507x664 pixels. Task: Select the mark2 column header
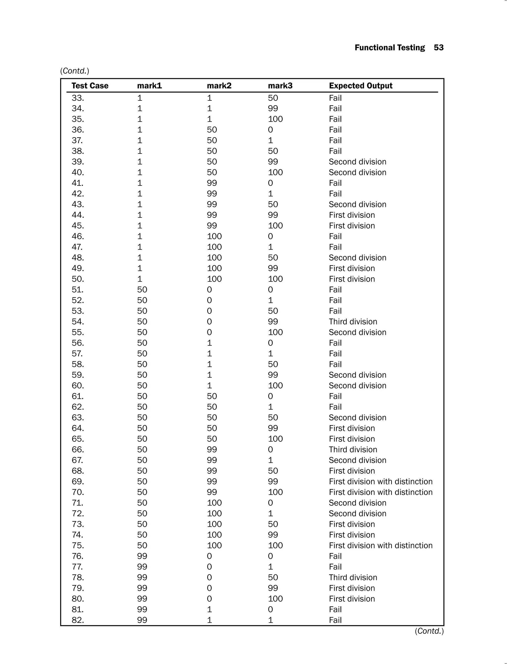click(x=219, y=86)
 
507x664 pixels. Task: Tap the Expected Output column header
click(x=361, y=86)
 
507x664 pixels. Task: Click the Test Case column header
click(x=90, y=86)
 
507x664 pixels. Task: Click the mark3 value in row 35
click(x=275, y=119)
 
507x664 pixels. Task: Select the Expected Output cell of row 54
click(x=353, y=322)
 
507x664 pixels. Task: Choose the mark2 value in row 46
click(x=214, y=236)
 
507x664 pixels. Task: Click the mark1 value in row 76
click(x=142, y=556)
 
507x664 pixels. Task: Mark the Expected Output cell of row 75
click(x=380, y=545)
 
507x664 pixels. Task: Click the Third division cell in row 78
click(x=353, y=577)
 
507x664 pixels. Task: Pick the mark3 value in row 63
click(x=273, y=418)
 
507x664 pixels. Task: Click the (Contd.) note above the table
click(x=75, y=71)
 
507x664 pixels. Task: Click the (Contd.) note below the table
click(x=429, y=631)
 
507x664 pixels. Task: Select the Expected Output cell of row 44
click(x=352, y=215)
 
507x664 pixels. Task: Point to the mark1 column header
click(x=149, y=86)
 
